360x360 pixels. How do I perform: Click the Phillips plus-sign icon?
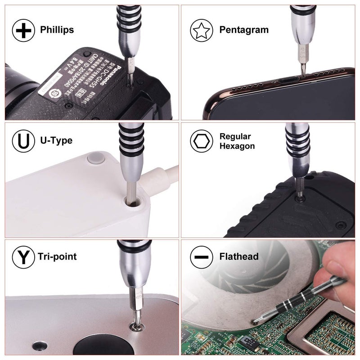point(23,31)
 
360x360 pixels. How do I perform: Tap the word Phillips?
point(57,30)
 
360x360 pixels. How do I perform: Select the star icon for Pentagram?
point(202,31)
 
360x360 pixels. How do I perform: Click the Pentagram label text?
point(244,30)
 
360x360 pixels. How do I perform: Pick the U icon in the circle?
point(23,141)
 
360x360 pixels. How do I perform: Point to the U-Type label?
point(56,141)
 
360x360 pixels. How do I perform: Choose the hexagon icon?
point(202,141)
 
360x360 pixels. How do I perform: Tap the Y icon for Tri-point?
point(23,257)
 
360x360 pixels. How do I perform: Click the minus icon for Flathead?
point(202,257)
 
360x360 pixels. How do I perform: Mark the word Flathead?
point(238,257)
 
